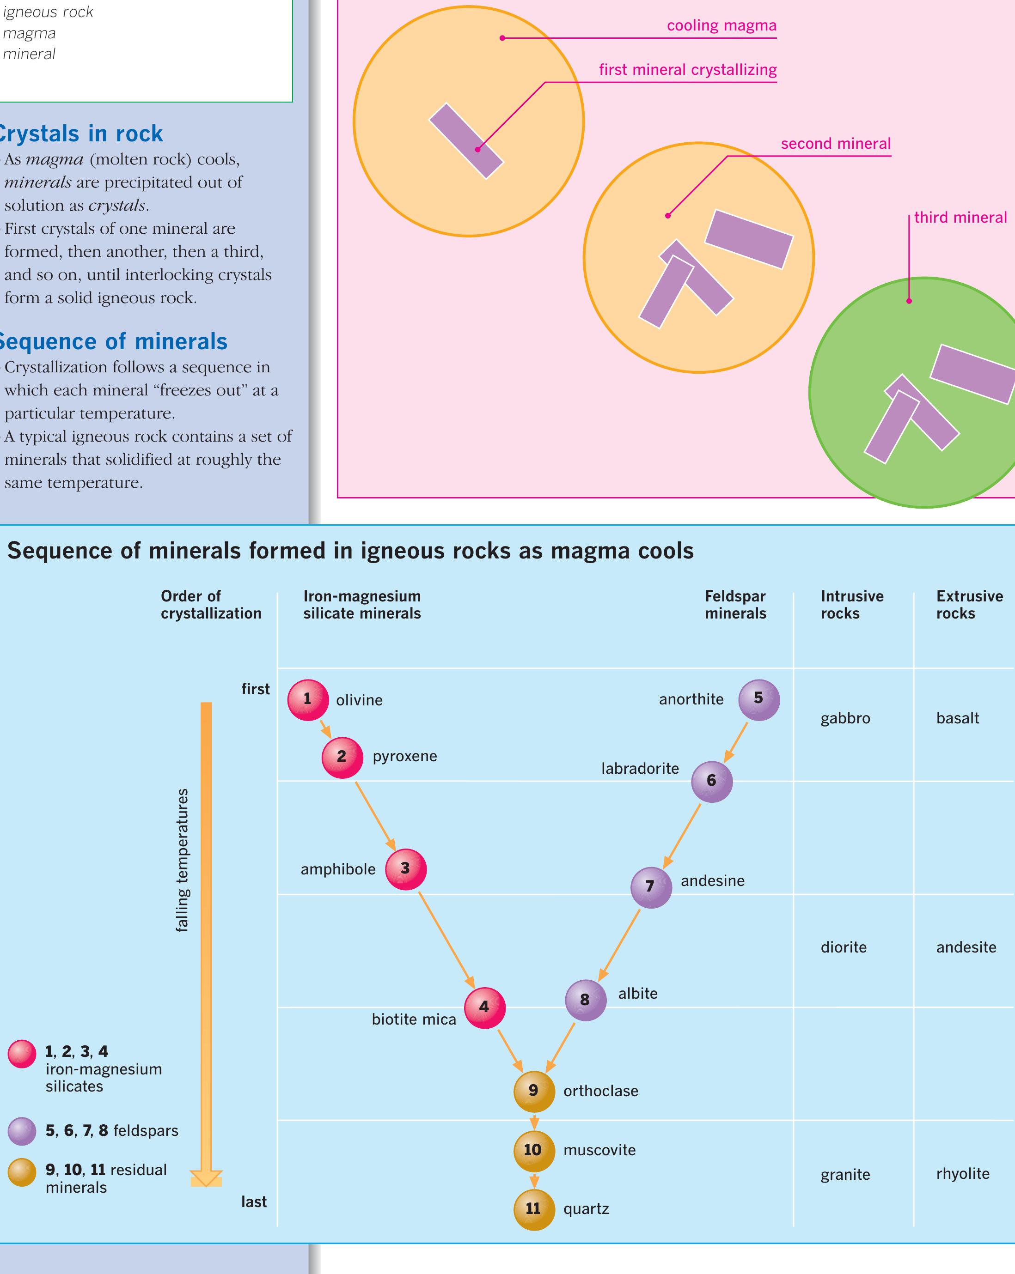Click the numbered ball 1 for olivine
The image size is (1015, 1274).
pyautogui.click(x=307, y=700)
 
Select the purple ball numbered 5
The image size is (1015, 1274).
pyautogui.click(x=758, y=699)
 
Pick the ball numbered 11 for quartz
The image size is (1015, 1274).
pyautogui.click(x=534, y=1209)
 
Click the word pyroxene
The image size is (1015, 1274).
pyautogui.click(x=404, y=756)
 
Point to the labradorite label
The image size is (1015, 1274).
pyautogui.click(x=640, y=769)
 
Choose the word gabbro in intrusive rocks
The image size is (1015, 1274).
pyautogui.click(x=845, y=719)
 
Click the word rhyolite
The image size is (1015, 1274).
pyautogui.click(x=962, y=1174)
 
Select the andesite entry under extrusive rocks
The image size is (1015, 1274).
pyautogui.click(x=966, y=947)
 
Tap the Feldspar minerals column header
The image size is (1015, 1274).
pyautogui.click(x=735, y=605)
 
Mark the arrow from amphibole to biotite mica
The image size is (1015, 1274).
pyautogui.click(x=446, y=940)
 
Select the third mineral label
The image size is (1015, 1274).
pyautogui.click(x=960, y=218)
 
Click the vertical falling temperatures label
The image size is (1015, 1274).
pyautogui.click(x=182, y=860)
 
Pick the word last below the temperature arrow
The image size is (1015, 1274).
pyautogui.click(x=254, y=1201)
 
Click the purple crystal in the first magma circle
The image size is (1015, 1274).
pyautogui.click(x=466, y=140)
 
